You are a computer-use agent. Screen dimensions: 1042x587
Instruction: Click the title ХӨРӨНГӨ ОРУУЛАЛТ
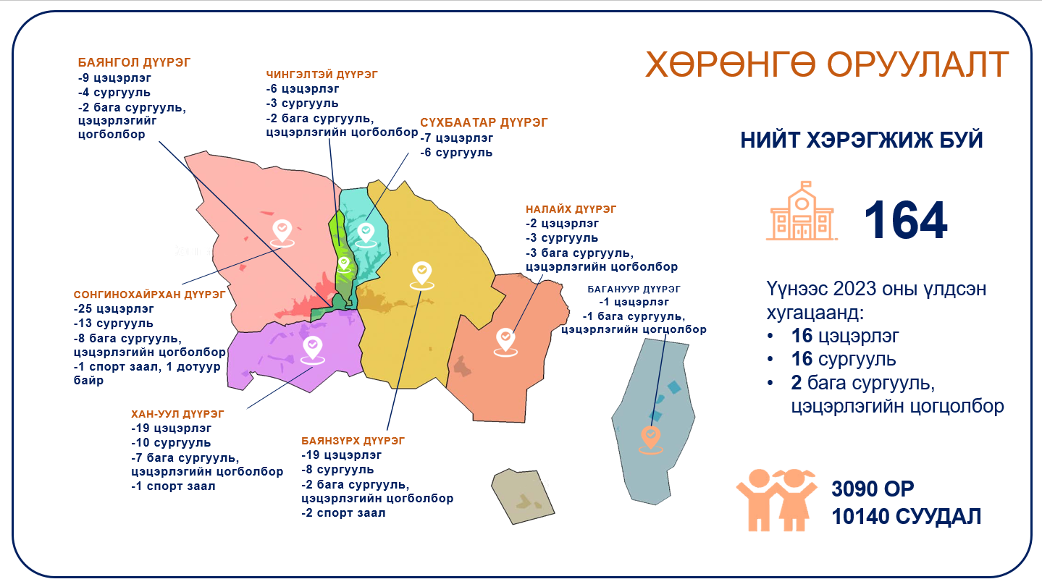(827, 64)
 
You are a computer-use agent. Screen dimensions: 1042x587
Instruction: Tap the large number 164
(905, 221)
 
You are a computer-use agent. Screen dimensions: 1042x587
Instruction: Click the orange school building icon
(802, 211)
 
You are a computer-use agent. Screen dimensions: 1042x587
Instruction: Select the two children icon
(776, 499)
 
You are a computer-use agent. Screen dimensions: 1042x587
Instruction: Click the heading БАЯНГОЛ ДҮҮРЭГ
(134, 62)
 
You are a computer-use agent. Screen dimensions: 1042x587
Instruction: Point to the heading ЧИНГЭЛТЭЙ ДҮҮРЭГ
(322, 75)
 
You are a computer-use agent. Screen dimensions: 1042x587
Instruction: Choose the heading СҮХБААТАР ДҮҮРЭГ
(484, 123)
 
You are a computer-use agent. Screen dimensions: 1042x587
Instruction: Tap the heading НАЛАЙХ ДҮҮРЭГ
(571, 209)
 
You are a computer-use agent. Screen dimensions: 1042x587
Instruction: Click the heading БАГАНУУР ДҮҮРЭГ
(634, 290)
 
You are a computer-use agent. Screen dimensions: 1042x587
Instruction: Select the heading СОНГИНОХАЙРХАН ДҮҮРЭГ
(149, 295)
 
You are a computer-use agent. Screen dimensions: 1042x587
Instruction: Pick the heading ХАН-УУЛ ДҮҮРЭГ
(177, 414)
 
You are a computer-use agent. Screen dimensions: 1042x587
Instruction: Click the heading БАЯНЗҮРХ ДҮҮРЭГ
(353, 441)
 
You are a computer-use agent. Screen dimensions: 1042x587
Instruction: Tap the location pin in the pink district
(282, 233)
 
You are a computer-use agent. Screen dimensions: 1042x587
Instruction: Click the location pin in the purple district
(313, 350)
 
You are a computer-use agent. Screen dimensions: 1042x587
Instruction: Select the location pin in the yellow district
(422, 276)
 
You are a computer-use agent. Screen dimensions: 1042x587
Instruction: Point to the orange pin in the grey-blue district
(651, 439)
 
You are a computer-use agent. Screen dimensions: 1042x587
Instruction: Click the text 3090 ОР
(873, 489)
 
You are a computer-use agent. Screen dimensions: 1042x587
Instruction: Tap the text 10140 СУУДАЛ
(906, 517)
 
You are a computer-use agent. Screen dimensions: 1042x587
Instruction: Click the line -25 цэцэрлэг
(114, 309)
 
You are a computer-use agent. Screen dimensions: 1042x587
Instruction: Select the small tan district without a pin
(523, 497)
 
